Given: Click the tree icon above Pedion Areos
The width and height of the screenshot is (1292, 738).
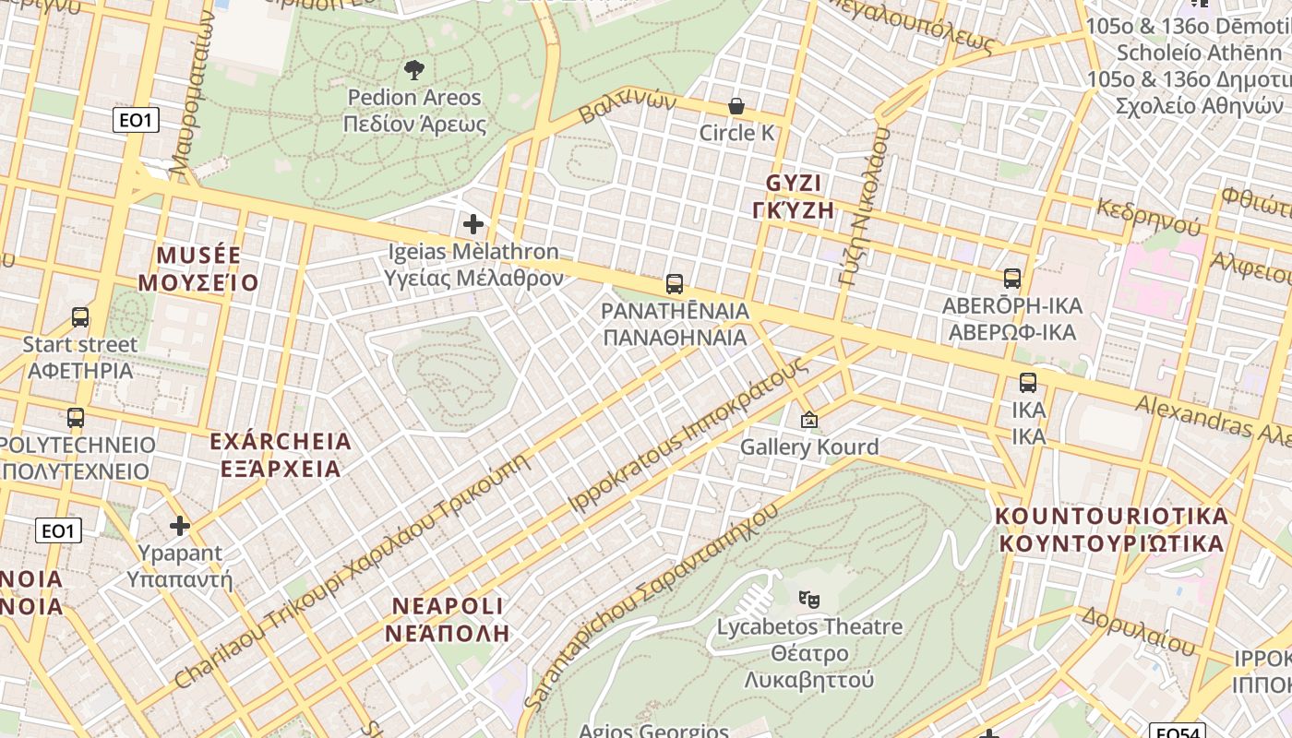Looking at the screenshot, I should (x=414, y=69).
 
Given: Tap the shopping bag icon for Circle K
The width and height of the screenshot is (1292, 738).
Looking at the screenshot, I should (x=736, y=106).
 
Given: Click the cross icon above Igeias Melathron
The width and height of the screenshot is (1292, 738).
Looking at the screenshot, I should (x=473, y=224).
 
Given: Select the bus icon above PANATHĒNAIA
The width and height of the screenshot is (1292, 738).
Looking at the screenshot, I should (x=675, y=284).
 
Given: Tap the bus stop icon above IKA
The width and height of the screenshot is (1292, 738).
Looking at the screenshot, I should (x=1028, y=383).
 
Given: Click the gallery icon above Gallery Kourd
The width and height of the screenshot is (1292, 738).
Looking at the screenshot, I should (x=809, y=421).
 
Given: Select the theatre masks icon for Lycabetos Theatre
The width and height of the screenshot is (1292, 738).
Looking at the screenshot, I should (x=809, y=600).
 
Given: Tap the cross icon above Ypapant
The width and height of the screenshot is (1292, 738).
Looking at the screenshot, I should (x=180, y=527).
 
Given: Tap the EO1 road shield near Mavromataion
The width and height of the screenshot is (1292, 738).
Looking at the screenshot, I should (x=137, y=120).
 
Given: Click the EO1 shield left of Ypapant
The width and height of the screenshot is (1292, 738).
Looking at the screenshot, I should (x=58, y=530).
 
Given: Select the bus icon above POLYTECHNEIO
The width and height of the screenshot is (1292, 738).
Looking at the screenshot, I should (x=76, y=418).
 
